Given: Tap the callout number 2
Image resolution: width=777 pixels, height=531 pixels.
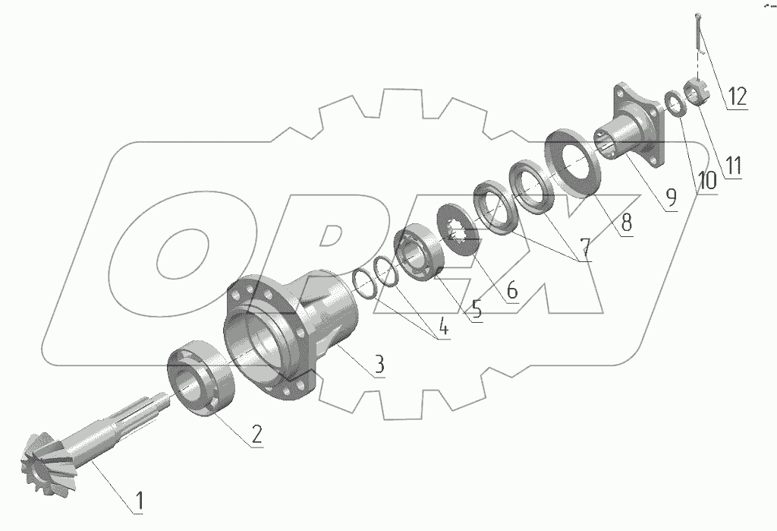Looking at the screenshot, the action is (256, 434).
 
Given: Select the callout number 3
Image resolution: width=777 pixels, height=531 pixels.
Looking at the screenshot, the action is (379, 365).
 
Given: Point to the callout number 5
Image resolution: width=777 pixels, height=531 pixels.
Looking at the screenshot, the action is (477, 309).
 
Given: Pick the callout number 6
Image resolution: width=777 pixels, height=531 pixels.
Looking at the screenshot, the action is (512, 290).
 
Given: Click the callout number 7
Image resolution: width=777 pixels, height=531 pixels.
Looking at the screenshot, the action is (586, 247).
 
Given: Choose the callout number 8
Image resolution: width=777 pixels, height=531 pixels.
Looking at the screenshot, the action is (627, 223).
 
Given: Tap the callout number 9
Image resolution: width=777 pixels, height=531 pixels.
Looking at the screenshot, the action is (671, 198).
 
